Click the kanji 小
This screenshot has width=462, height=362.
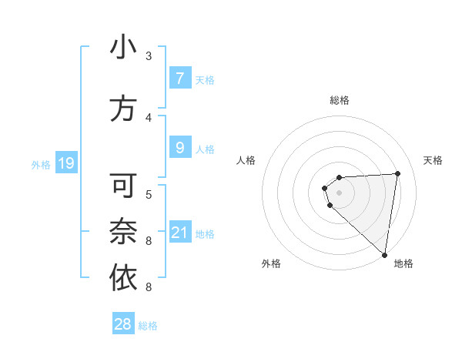(x=123, y=48)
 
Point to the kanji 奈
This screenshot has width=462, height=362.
(x=123, y=233)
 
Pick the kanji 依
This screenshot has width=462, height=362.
(x=123, y=279)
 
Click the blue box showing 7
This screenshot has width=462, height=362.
(x=179, y=79)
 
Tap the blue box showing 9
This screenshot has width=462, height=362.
(x=179, y=147)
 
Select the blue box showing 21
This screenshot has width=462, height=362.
(x=179, y=233)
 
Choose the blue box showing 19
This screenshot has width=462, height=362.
(x=65, y=163)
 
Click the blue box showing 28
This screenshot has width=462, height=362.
(x=123, y=324)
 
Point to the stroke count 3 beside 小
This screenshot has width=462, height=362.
(x=149, y=56)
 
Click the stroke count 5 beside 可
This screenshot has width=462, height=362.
(x=149, y=193)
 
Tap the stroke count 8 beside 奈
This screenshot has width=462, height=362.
(x=149, y=241)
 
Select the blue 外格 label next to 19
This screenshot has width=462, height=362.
(x=41, y=164)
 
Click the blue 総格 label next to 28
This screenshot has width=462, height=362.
(x=148, y=326)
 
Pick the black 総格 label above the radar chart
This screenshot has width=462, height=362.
(x=340, y=100)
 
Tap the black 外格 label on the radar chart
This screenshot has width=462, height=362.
(x=271, y=263)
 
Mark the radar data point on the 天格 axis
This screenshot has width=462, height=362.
(x=397, y=173)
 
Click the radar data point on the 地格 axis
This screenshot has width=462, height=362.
(x=385, y=255)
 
